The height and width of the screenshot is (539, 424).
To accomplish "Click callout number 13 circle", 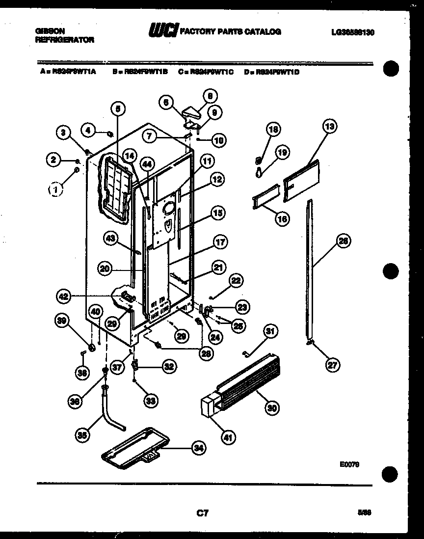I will click(x=330, y=127).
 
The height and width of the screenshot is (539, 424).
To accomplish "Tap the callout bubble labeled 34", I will click(x=199, y=448).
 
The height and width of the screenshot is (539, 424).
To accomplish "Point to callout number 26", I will click(x=343, y=242).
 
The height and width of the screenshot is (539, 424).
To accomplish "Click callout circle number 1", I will click(x=56, y=188).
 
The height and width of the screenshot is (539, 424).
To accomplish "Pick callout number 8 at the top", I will click(x=210, y=96).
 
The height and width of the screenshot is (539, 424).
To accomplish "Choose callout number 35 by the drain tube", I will click(x=83, y=434).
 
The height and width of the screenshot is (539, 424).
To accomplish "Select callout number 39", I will click(x=61, y=321).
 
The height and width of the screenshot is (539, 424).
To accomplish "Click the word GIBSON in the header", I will click(x=50, y=31).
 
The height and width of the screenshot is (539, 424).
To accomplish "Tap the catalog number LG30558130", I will click(x=353, y=32).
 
